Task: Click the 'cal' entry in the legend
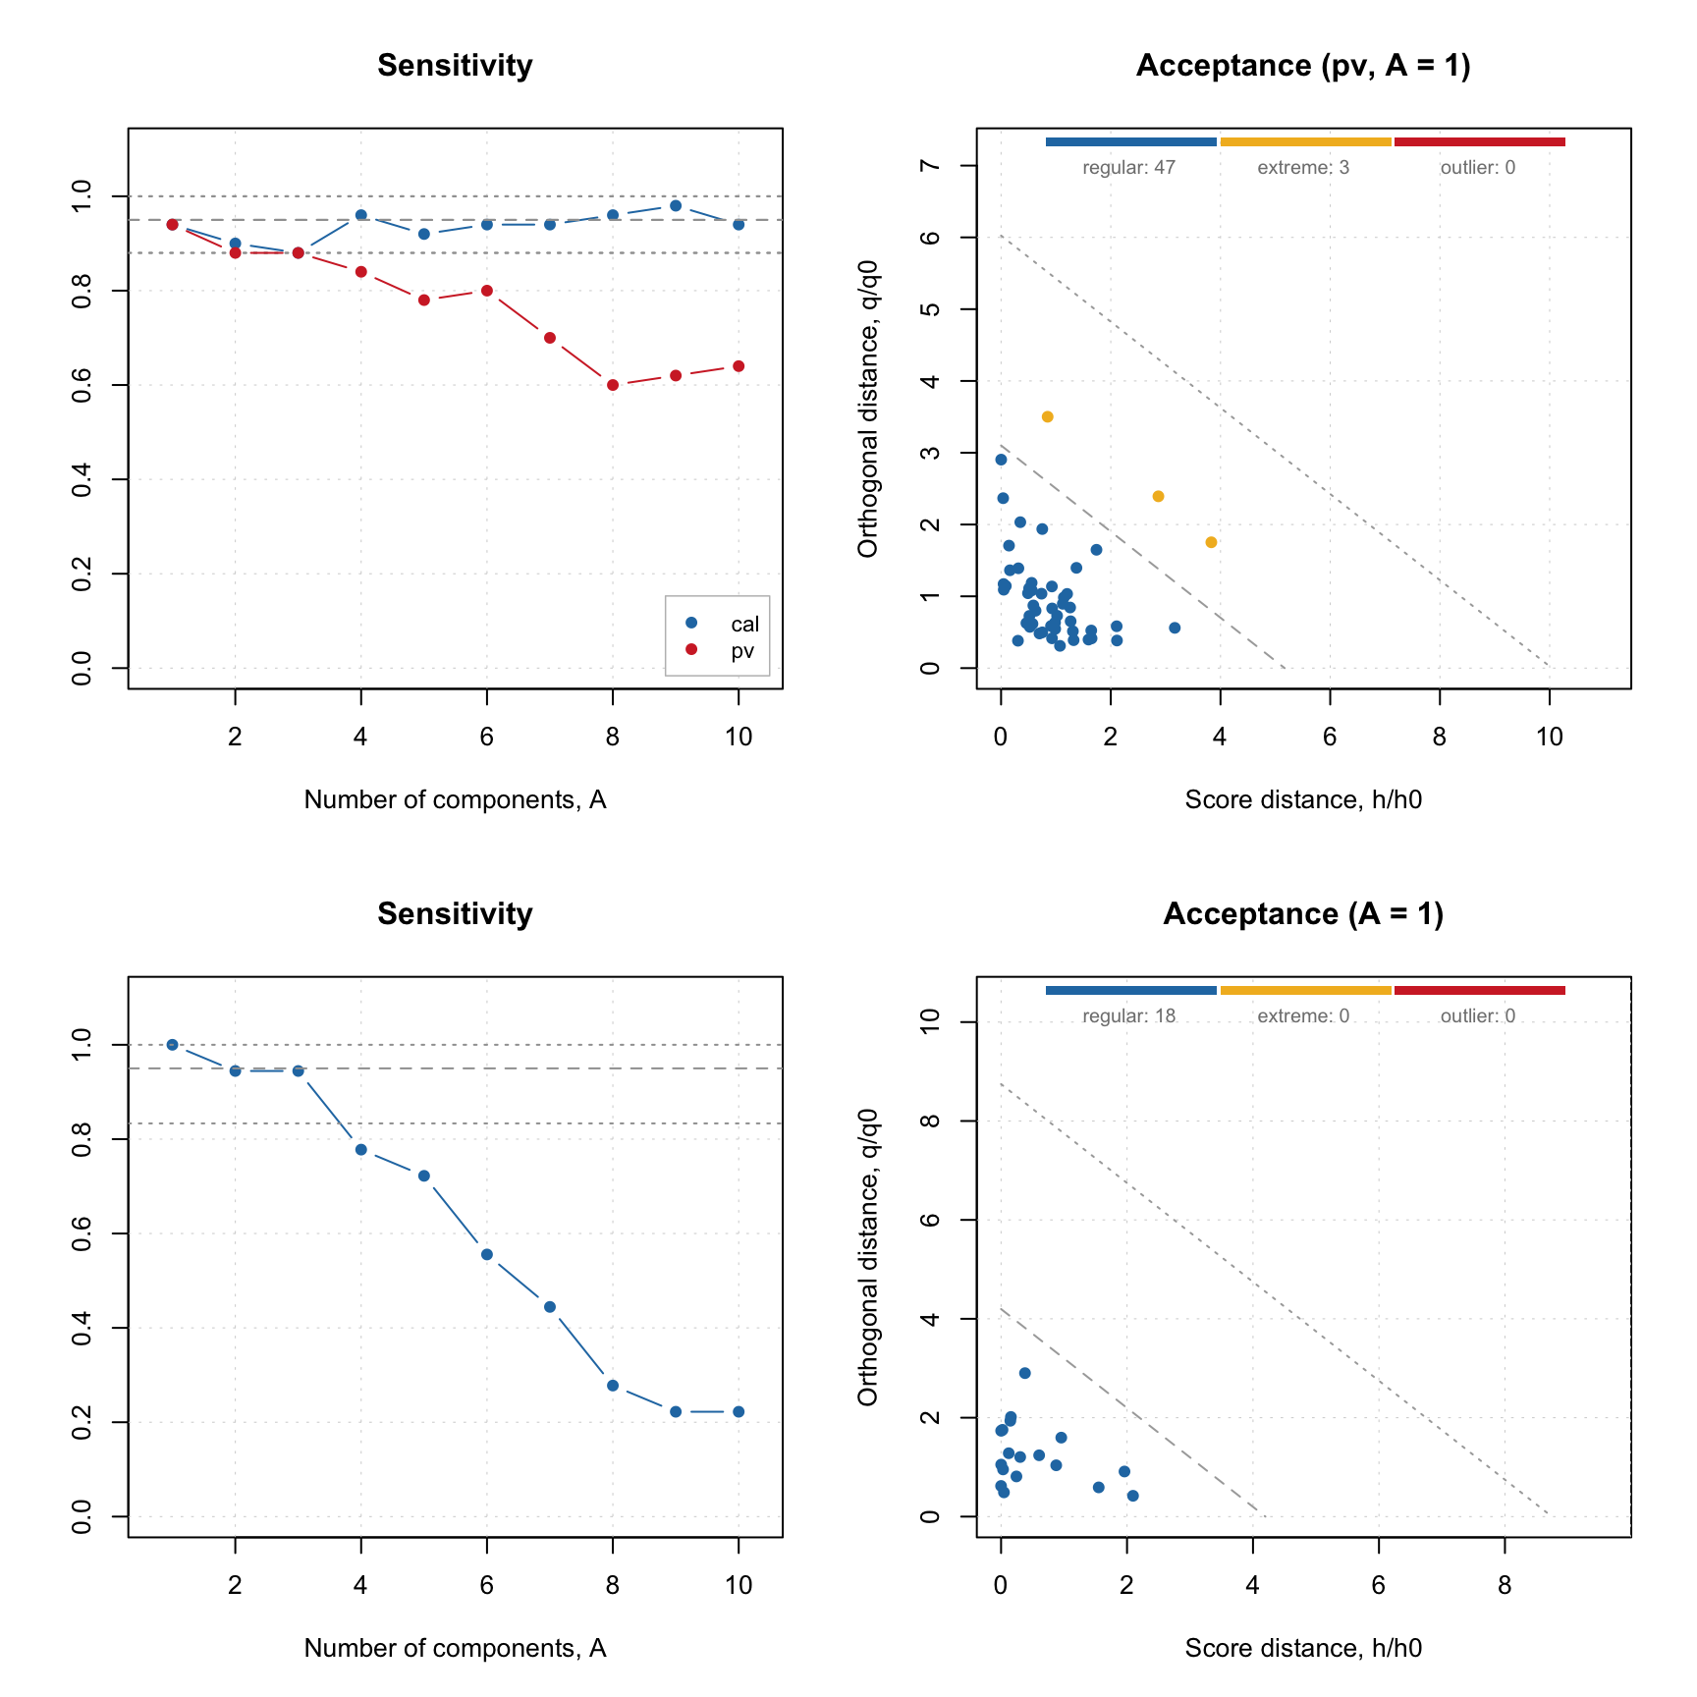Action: pos(744,624)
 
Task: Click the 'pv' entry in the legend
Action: pos(742,650)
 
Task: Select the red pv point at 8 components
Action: pos(613,385)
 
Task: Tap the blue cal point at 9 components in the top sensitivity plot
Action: pos(676,205)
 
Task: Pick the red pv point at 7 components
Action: pos(550,338)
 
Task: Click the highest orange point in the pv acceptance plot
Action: pos(1047,417)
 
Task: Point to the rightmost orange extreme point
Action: pos(1211,542)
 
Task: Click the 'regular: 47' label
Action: pos(1128,168)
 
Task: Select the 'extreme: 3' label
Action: pos(1303,168)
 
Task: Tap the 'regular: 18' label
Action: pos(1128,1016)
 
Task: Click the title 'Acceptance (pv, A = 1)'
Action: pos(1303,66)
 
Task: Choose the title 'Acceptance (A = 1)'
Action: pos(1303,914)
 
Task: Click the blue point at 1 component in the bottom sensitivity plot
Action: pos(173,1045)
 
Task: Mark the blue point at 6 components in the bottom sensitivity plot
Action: pos(487,1254)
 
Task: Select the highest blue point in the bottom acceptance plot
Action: pos(1024,1373)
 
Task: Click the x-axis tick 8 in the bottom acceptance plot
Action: pos(1505,1585)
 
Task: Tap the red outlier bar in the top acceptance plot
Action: pos(1479,142)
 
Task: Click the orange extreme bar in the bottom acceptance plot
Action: pos(1305,991)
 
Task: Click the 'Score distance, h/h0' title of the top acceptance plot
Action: pos(1303,800)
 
